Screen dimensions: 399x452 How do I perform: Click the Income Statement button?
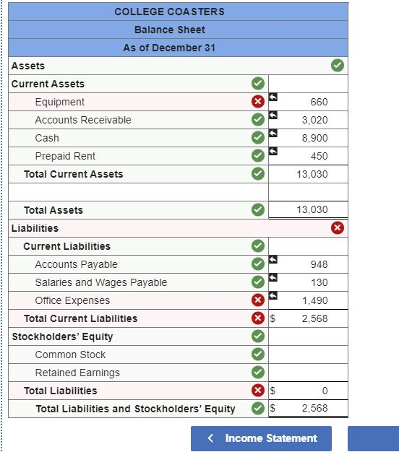click(x=261, y=438)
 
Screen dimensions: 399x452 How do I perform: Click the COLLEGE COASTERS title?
click(x=169, y=12)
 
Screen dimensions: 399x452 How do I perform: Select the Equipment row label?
click(x=59, y=102)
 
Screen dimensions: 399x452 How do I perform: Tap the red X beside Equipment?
click(x=257, y=102)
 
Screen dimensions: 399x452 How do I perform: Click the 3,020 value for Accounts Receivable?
click(x=314, y=120)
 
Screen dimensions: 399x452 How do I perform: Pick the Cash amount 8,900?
click(x=314, y=138)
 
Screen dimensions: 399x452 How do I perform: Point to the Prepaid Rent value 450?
click(x=319, y=156)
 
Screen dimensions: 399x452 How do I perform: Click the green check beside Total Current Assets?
click(x=257, y=174)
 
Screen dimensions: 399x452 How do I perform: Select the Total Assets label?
click(x=53, y=210)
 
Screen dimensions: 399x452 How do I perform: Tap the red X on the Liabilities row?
click(x=337, y=228)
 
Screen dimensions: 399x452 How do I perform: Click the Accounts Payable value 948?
click(x=319, y=264)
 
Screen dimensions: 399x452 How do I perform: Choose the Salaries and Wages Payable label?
click(x=100, y=282)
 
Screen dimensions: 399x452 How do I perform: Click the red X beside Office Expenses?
click(x=257, y=300)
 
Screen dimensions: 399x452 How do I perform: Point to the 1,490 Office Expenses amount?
click(x=314, y=300)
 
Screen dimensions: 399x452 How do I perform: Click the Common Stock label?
click(x=70, y=355)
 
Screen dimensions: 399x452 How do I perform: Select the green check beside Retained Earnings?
click(x=257, y=373)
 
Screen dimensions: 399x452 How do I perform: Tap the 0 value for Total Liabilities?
click(x=325, y=391)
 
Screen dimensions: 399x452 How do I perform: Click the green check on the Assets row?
click(x=337, y=66)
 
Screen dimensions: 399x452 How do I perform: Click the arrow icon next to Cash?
click(x=273, y=133)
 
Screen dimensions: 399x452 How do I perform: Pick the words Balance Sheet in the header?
click(x=169, y=30)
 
